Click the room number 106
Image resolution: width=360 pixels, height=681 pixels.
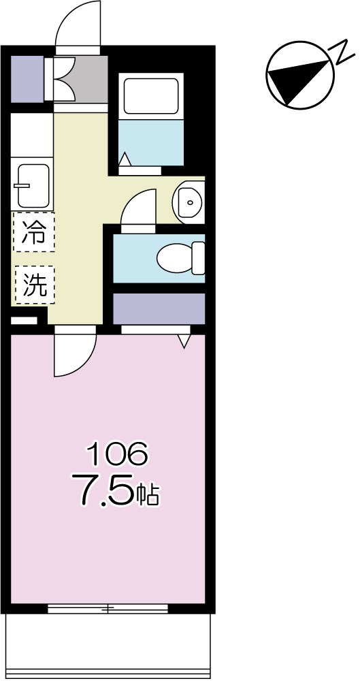click(x=115, y=452)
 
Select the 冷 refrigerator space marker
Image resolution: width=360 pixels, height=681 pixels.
click(x=33, y=232)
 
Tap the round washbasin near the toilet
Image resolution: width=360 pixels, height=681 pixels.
click(x=187, y=201)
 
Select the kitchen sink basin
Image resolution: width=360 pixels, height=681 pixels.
click(x=31, y=185)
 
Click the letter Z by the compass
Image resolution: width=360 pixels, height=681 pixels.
click(x=339, y=51)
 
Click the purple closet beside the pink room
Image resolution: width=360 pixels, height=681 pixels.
click(x=158, y=308)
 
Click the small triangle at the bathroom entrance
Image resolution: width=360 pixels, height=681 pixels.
click(x=125, y=159)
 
